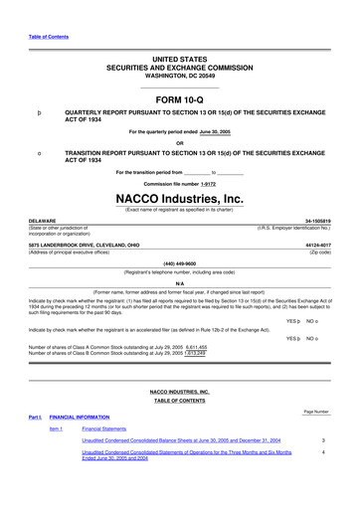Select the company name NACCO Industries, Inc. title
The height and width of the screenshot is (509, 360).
(x=179, y=199)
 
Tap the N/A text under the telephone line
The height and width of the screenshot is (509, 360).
(x=179, y=282)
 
